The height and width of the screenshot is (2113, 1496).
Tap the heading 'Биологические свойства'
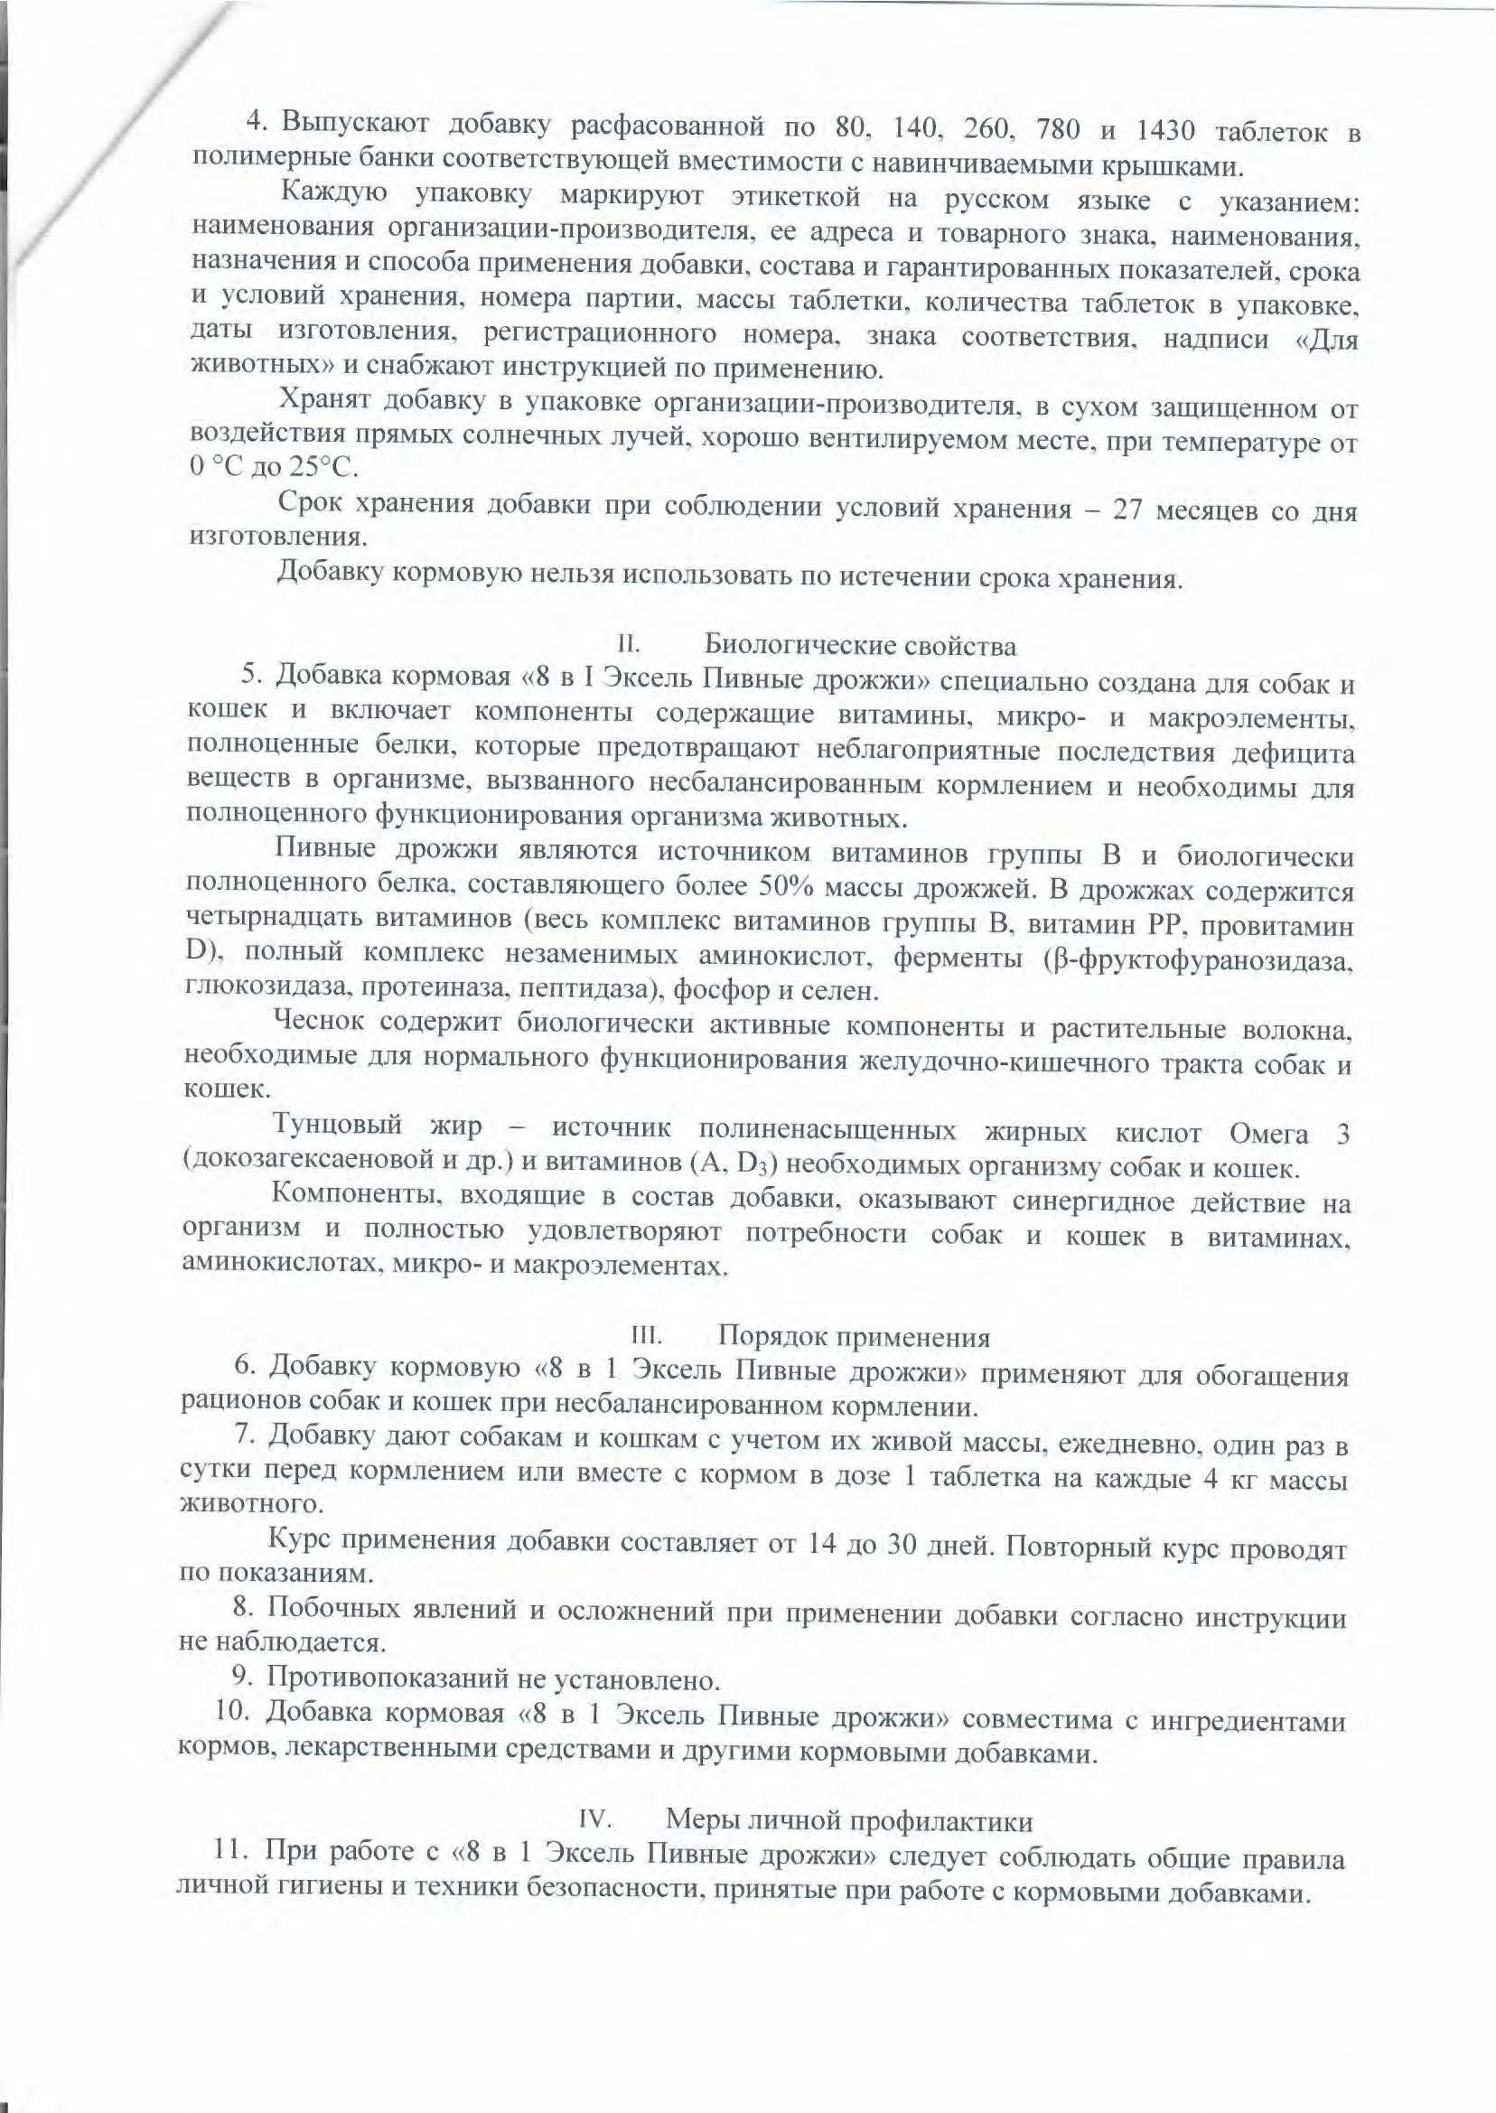pos(861,646)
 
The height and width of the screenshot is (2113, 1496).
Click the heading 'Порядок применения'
pos(854,1336)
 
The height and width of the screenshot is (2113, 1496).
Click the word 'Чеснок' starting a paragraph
pos(320,1024)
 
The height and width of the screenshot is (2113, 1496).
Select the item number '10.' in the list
pos(230,1712)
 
